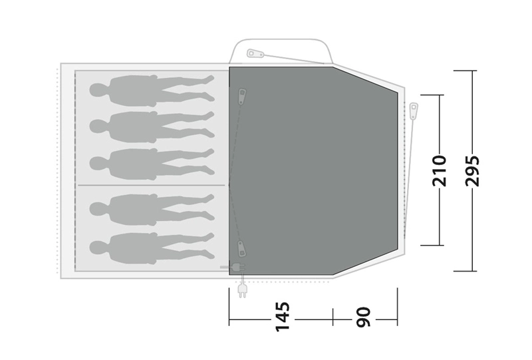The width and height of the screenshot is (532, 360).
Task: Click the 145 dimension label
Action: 282,317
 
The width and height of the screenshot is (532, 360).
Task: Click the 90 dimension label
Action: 363,317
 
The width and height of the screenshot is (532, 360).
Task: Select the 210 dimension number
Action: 439,171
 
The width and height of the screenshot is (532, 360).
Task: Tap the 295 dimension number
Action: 472,171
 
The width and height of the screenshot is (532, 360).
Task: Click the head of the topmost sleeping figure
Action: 99,90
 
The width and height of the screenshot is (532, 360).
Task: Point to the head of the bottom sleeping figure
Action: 99,248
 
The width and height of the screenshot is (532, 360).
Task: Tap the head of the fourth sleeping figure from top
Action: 99,209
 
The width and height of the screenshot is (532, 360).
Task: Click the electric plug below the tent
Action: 242,290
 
